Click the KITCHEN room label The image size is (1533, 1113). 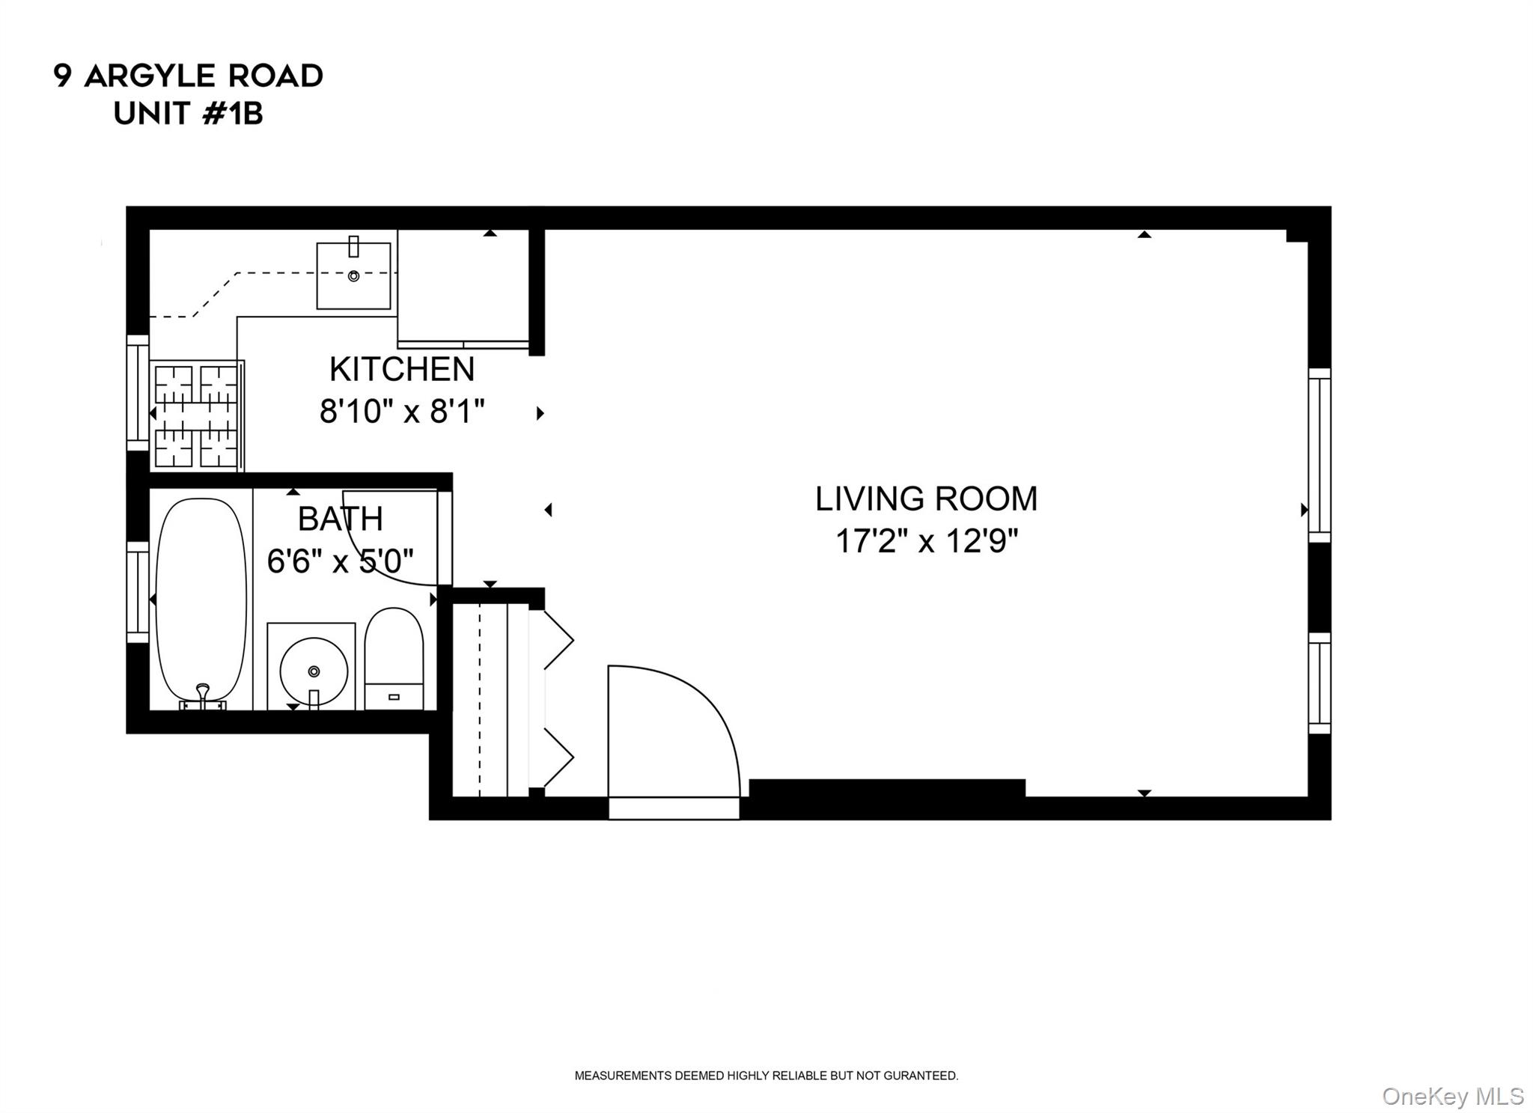(402, 369)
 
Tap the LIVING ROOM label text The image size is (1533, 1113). (926, 499)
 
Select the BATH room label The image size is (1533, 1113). (340, 519)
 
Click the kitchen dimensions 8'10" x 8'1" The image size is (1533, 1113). (402, 411)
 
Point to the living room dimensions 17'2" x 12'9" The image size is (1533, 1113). (926, 541)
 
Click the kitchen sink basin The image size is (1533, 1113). (353, 275)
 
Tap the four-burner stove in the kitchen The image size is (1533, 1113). (196, 415)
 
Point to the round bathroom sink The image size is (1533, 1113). (314, 670)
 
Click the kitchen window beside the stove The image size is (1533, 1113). (138, 393)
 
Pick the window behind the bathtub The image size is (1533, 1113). (138, 592)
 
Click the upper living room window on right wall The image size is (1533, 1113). (1319, 454)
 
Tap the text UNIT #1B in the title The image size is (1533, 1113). (188, 115)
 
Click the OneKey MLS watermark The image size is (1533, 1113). (1452, 1097)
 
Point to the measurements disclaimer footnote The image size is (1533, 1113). (766, 1076)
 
